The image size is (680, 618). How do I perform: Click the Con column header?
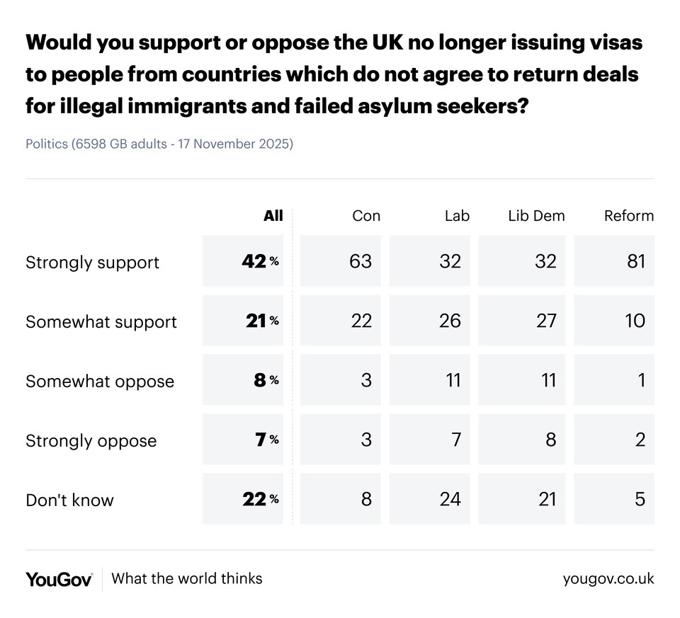click(365, 216)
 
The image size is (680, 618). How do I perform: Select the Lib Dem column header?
click(536, 216)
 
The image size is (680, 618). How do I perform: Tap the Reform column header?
click(628, 216)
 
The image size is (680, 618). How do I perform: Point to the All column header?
click(273, 216)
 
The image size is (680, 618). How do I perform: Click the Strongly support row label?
click(92, 263)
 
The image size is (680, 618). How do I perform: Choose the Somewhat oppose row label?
click(99, 382)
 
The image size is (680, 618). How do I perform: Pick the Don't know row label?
click(69, 500)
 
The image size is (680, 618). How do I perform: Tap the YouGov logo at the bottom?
click(59, 579)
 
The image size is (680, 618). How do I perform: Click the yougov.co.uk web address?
click(608, 579)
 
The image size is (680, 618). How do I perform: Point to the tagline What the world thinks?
click(187, 578)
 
